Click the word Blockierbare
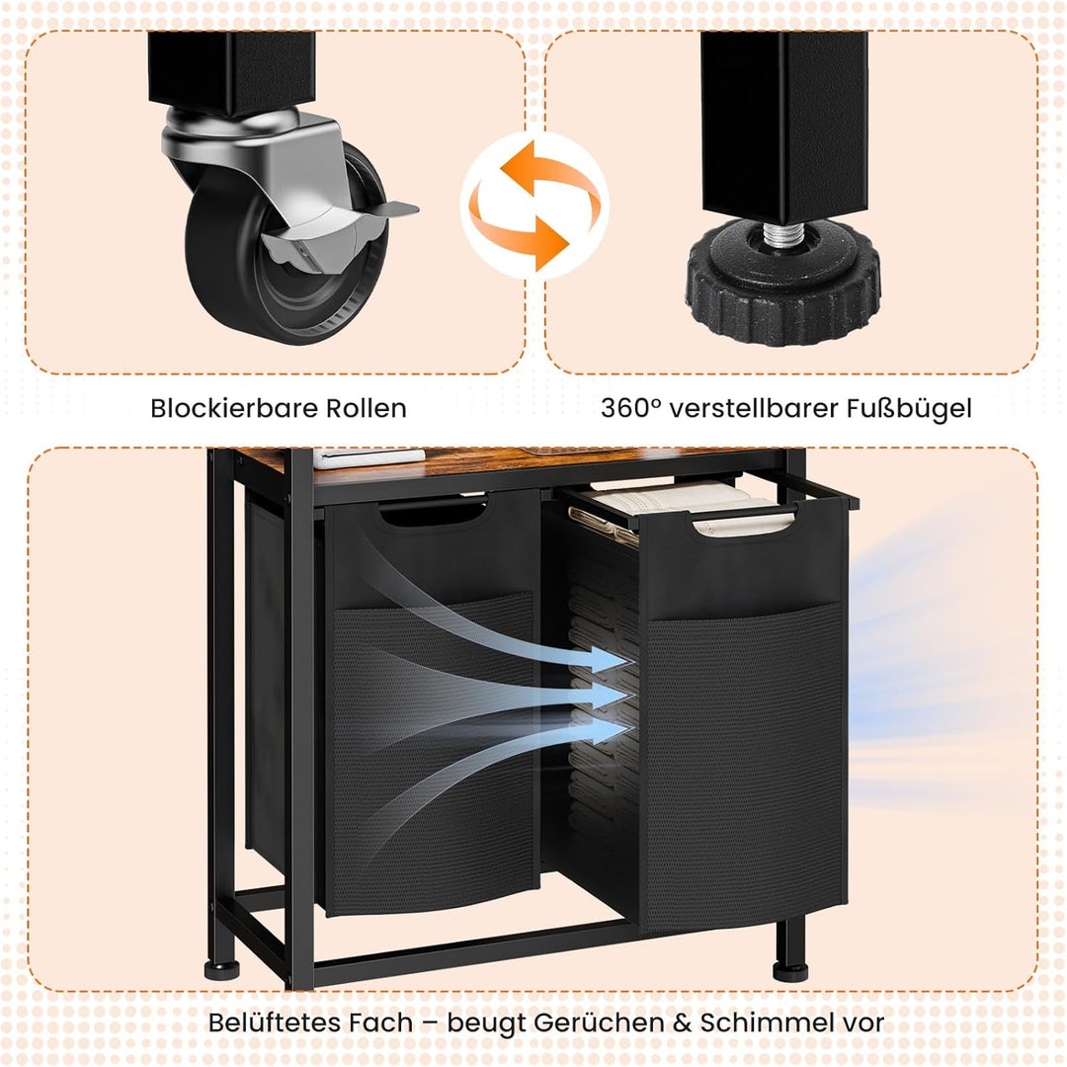(235, 408)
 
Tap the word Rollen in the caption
(367, 408)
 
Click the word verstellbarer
(754, 408)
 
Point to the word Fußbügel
(909, 409)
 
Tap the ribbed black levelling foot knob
(782, 286)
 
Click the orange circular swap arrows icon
(534, 205)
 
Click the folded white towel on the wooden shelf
(369, 458)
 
